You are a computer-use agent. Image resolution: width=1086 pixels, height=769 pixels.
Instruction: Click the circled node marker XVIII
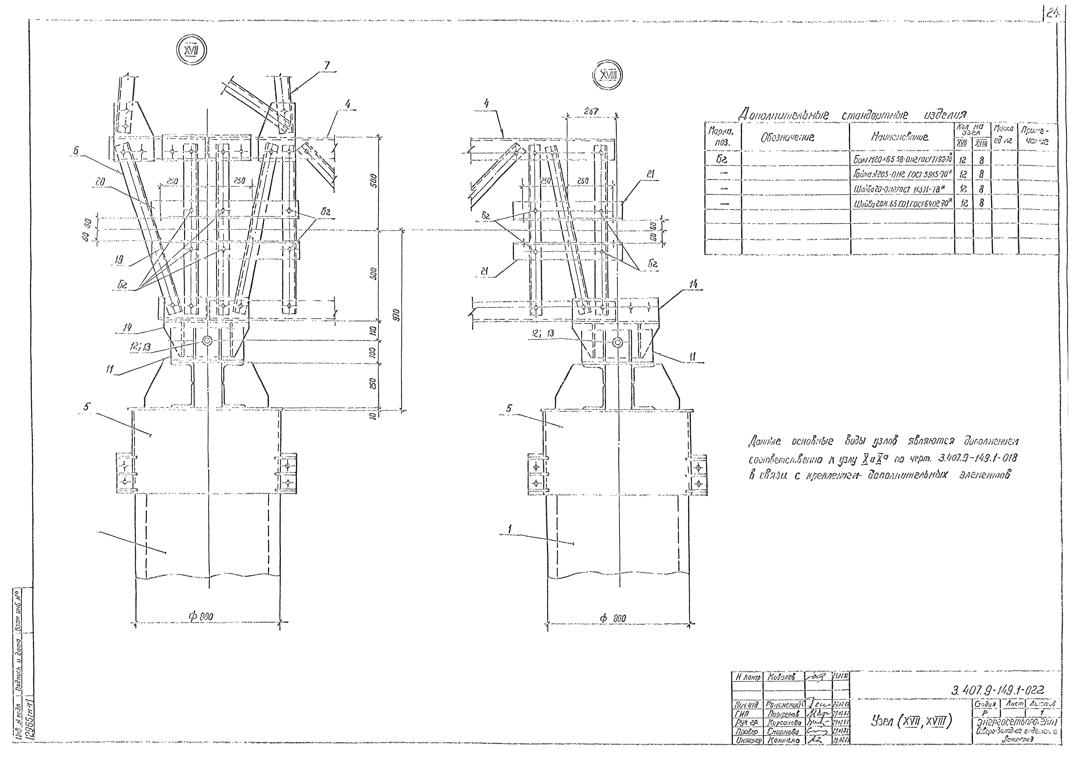(607, 75)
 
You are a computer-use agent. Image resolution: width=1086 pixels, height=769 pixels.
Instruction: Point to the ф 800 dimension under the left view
(201, 617)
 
